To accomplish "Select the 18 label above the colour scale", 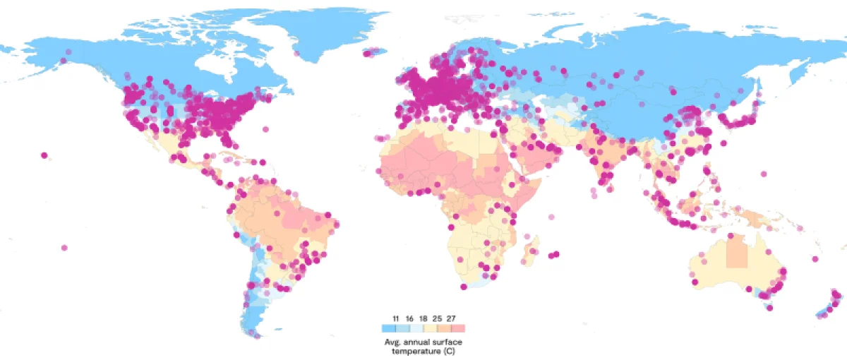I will [x=423, y=319].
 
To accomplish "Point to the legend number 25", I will [x=437, y=319].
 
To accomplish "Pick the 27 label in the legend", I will [x=451, y=319].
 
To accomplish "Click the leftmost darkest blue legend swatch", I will [x=388, y=328].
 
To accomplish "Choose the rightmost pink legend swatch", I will [x=458, y=328].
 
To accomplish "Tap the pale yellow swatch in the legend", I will [x=431, y=328].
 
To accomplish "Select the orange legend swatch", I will [x=445, y=328].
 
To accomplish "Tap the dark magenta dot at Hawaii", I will [x=44, y=155].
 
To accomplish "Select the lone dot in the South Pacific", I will [x=64, y=248].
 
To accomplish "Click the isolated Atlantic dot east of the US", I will [x=265, y=129].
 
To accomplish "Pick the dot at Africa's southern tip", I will [x=463, y=286].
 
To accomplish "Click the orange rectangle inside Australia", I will [x=737, y=253].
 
